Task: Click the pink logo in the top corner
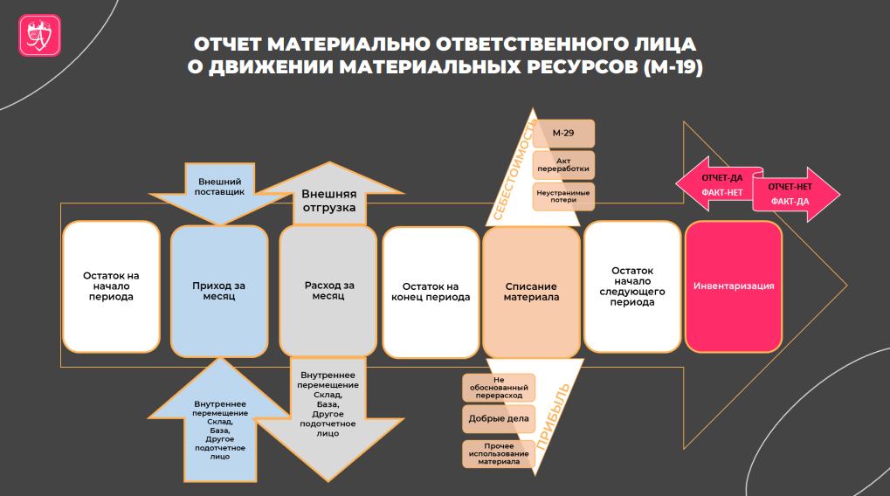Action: tap(39, 35)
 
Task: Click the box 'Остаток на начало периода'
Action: tap(111, 286)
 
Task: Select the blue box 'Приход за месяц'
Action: tap(220, 291)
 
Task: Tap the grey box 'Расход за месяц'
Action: tap(328, 291)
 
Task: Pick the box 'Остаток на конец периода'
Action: tap(431, 293)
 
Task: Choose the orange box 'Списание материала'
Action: tap(531, 293)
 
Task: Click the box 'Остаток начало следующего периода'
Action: tap(632, 286)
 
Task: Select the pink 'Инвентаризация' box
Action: tap(734, 286)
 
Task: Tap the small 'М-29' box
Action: tap(563, 134)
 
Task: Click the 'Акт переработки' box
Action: tap(563, 164)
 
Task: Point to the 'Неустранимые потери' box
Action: tap(563, 196)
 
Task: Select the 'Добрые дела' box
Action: tap(499, 419)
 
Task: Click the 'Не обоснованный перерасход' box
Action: tap(499, 388)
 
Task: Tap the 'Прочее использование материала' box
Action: tap(499, 454)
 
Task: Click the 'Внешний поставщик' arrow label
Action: tap(220, 187)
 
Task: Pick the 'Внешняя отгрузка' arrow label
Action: tap(329, 201)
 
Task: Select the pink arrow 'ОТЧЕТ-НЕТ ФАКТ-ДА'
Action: tap(796, 194)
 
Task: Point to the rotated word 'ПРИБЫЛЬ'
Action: tap(553, 417)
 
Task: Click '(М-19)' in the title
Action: tap(673, 67)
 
